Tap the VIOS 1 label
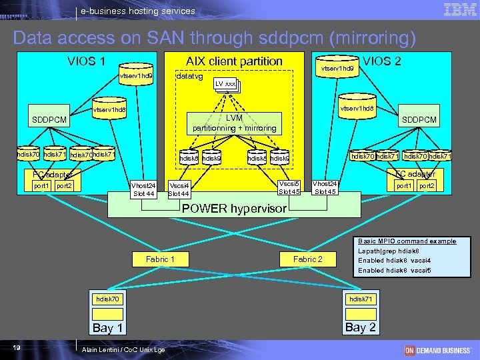click(x=86, y=61)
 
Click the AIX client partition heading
click(x=234, y=61)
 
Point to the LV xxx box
click(x=225, y=85)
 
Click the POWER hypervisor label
click(x=234, y=209)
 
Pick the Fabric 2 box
click(x=307, y=259)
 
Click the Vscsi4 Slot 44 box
click(x=179, y=189)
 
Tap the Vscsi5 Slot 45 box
click(x=289, y=187)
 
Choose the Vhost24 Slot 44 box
click(x=143, y=189)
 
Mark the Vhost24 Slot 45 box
click(x=325, y=187)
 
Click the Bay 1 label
click(x=107, y=327)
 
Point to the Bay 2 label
click(x=361, y=327)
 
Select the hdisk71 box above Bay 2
click(x=361, y=299)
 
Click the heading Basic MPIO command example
click(x=407, y=241)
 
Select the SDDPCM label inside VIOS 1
click(x=49, y=120)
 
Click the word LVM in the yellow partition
click(x=234, y=118)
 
